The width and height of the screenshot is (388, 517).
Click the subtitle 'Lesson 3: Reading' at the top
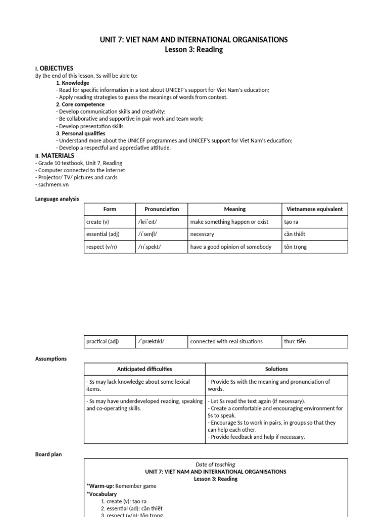pos(194,49)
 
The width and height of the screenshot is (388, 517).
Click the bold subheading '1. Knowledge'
pos(72,83)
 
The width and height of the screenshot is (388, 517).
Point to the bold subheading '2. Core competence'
pos(80,105)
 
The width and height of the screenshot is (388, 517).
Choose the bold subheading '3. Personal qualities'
pos(81,133)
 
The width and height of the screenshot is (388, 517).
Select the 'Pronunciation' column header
pos(162,209)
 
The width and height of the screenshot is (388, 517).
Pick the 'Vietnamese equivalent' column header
pos(314,209)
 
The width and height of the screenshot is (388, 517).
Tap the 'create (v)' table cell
pos(98,222)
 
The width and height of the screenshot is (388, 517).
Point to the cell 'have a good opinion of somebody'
pos(231,247)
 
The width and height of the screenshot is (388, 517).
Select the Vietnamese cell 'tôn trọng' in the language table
pos(296,247)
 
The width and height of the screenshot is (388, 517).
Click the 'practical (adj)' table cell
pos(103,341)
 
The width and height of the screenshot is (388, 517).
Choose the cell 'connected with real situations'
pos(226,341)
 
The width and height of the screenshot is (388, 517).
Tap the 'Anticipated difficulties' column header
pos(144,369)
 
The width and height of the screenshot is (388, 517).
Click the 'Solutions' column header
pos(276,369)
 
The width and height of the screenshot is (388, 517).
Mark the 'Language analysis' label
pos(57,199)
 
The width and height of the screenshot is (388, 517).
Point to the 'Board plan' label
pos(48,454)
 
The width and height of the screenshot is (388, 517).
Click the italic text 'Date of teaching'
pos(215,464)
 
